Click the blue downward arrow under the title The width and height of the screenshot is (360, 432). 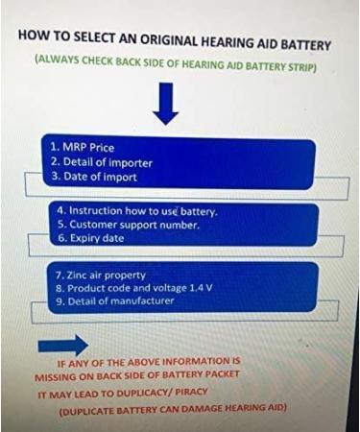[x=165, y=104]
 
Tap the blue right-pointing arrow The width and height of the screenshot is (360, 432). [x=63, y=346]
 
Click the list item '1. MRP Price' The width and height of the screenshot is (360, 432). [x=83, y=148]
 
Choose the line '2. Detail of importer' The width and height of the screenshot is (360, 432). [x=102, y=162]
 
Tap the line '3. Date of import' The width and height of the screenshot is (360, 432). [x=94, y=177]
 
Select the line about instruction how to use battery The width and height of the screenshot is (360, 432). [x=138, y=211]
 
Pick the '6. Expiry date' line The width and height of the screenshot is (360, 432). [x=91, y=238]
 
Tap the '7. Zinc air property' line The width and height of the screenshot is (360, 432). [x=101, y=276]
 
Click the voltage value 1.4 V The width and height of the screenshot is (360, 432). [x=201, y=288]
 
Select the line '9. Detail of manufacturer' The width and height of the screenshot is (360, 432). [x=115, y=300]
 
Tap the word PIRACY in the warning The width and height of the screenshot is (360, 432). [x=191, y=392]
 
